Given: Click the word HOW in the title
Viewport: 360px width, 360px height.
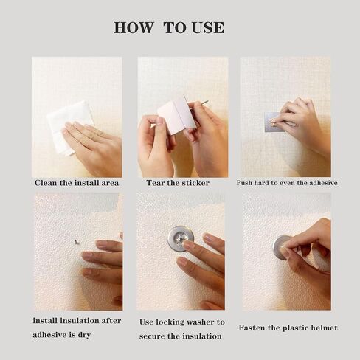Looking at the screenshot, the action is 133,27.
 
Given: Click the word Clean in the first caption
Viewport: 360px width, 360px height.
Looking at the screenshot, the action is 45,183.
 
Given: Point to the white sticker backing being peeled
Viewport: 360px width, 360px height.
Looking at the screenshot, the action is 177,115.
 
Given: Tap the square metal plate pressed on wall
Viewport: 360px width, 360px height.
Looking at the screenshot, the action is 274,122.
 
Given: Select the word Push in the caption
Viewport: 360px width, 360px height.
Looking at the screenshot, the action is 244,183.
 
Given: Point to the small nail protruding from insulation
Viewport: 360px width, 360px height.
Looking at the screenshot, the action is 77,242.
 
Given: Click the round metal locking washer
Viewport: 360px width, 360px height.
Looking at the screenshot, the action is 181,239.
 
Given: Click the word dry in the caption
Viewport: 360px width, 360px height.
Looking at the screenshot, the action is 84,335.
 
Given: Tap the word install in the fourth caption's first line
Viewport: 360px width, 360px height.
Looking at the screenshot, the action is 46,321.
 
